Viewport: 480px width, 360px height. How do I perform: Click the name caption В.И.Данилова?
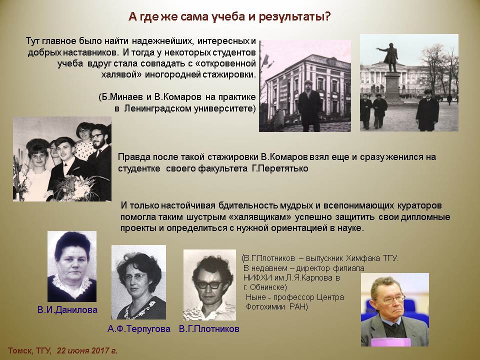[67, 310]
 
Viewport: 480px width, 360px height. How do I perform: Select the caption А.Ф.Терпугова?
[138, 329]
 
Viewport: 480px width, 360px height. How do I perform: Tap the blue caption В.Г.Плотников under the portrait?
[209, 329]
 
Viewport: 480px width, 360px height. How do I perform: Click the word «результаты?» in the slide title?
[295, 16]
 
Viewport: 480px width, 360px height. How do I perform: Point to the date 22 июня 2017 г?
[87, 351]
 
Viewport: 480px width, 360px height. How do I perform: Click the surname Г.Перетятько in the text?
[280, 168]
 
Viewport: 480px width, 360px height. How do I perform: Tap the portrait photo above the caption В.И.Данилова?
[72, 266]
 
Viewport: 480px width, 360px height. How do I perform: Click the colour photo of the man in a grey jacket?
[395, 310]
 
